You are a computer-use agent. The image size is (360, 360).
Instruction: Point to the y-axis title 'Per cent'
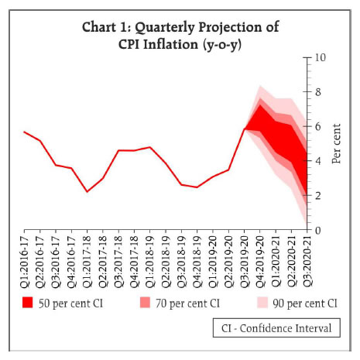(x=338, y=143)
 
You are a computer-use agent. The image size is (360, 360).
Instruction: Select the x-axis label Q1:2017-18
(x=87, y=262)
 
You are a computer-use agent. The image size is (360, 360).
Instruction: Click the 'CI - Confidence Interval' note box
(x=276, y=328)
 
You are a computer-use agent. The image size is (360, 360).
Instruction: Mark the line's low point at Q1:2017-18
(x=87, y=191)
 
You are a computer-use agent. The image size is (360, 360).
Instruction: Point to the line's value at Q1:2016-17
(x=24, y=132)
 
